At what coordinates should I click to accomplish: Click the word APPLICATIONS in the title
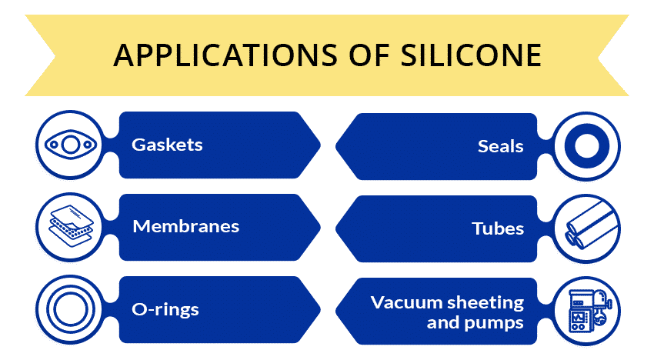(225, 55)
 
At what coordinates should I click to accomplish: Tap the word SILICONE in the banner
(472, 55)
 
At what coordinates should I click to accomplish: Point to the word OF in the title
(369, 55)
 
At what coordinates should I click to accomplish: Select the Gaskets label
(167, 145)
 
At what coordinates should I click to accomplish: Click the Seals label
(501, 146)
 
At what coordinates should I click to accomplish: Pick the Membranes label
(186, 226)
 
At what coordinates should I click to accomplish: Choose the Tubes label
(498, 228)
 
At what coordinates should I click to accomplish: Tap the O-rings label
(165, 310)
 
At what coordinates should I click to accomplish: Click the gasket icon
(71, 145)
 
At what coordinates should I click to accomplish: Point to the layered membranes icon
(72, 225)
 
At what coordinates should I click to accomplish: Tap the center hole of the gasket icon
(71, 145)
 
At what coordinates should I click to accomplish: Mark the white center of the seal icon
(587, 146)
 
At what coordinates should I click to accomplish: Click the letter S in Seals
(483, 146)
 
